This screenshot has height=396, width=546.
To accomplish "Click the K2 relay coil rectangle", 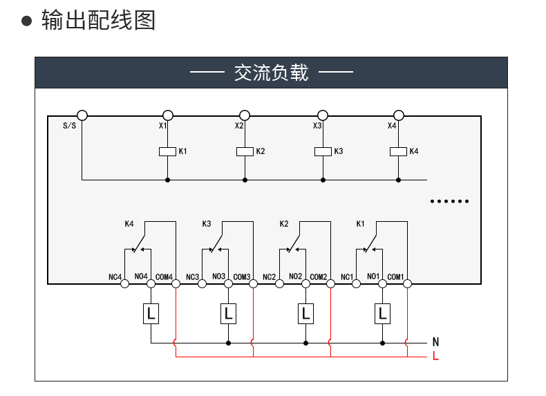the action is coord(245,151).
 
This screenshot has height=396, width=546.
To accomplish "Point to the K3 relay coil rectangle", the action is coord(323,151).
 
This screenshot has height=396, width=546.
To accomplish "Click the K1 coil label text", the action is coord(183,151).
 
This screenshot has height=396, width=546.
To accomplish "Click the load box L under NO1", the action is coord(382,314).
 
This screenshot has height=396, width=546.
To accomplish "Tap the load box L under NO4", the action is coord(151,314).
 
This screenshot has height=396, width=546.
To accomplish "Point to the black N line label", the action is coord(435,342).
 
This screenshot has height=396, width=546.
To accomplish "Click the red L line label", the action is coord(435,356).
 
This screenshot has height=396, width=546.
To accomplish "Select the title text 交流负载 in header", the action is coord(271,73).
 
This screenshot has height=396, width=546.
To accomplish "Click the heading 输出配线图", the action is coord(98,20).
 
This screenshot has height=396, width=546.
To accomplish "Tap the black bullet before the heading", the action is coord(26,21).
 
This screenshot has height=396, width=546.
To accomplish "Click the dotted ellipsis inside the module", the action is coord(449,201).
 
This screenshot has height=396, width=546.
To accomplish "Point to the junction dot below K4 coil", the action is coord(398,180).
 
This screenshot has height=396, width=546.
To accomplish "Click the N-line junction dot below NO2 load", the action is coord(305,343).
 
